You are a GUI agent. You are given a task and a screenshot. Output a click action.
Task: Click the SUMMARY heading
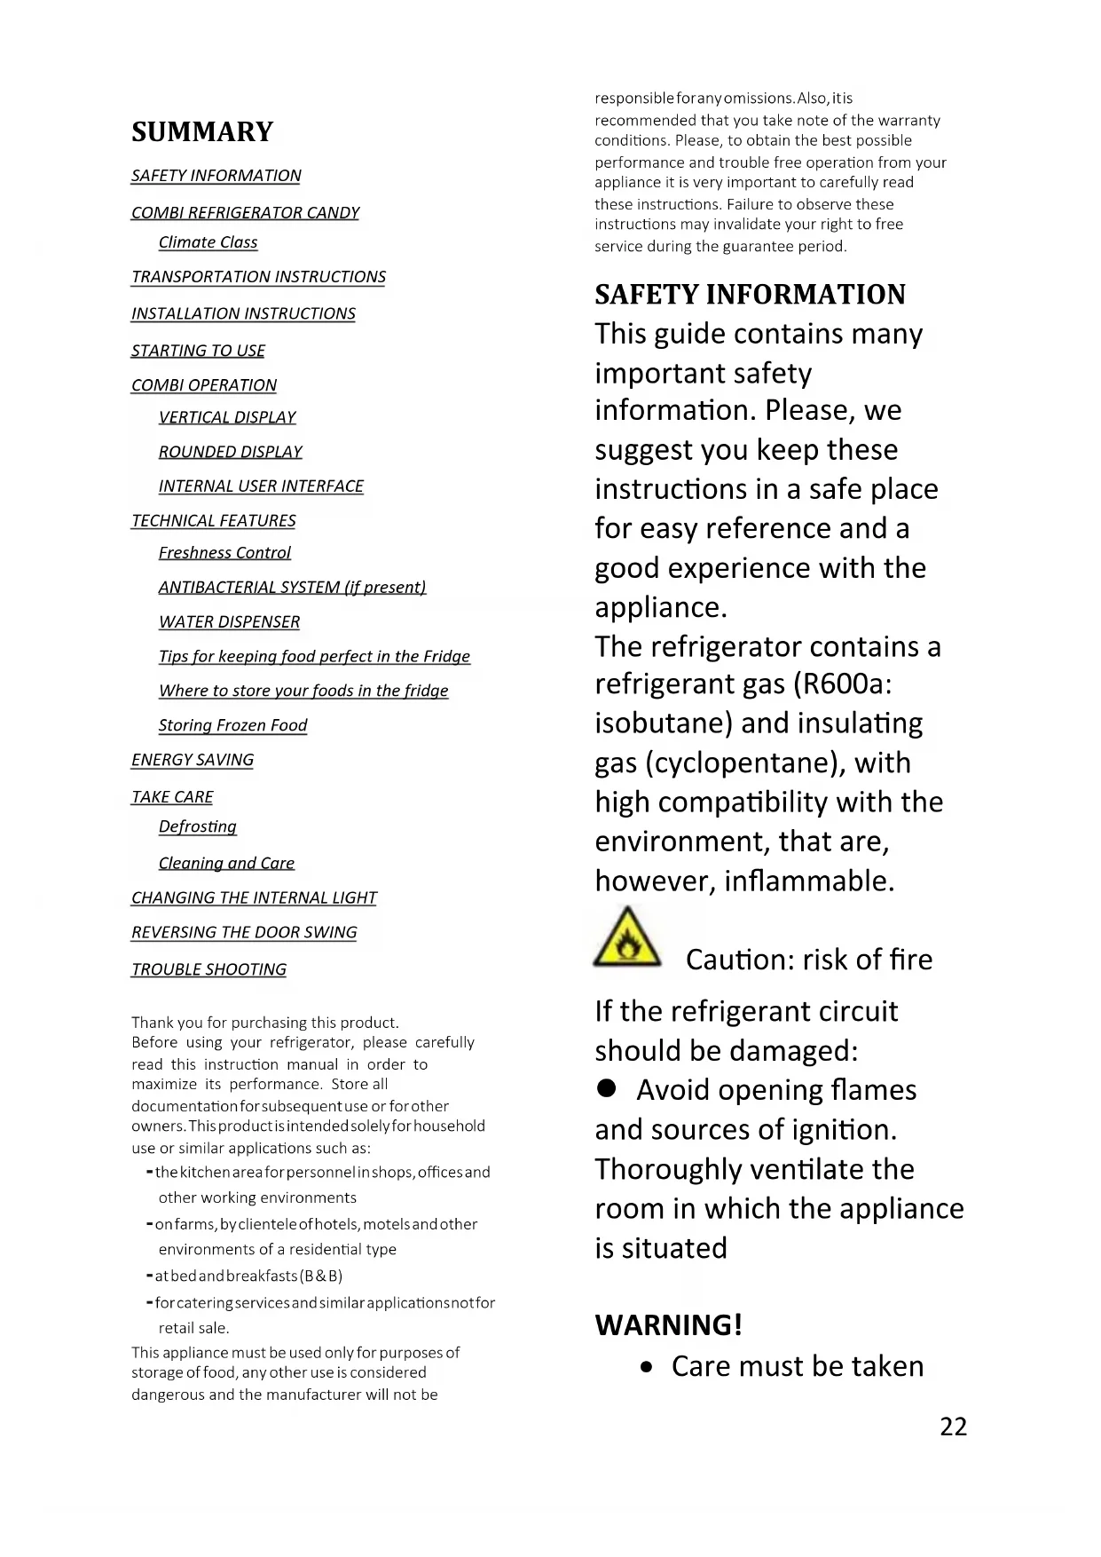(x=202, y=131)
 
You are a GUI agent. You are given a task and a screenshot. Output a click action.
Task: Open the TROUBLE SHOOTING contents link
(x=208, y=969)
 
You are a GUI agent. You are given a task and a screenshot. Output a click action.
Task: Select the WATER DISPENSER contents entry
(x=229, y=622)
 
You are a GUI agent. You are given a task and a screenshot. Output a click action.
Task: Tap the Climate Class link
(x=208, y=242)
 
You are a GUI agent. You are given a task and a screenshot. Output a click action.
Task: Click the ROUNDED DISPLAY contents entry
(x=230, y=452)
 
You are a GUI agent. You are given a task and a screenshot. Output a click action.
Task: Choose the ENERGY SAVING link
(x=193, y=760)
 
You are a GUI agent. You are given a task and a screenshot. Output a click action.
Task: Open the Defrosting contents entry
(x=197, y=826)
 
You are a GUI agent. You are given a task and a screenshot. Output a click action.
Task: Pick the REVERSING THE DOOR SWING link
(x=244, y=932)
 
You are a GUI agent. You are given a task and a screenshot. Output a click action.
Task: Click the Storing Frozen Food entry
(x=232, y=725)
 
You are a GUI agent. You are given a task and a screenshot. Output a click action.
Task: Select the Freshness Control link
(x=224, y=553)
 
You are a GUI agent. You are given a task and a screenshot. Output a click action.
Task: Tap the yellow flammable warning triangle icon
(x=627, y=937)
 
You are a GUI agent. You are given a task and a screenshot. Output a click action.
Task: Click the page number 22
(x=953, y=1427)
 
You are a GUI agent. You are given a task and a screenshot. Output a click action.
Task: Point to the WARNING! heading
(x=668, y=1324)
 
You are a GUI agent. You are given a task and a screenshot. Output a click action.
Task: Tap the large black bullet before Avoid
(x=607, y=1088)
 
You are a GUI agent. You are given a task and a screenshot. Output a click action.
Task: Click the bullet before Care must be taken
(x=649, y=1368)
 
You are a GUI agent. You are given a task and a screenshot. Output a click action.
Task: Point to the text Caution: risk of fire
(x=808, y=960)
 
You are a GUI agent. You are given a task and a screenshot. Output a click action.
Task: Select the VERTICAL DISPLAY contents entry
(x=227, y=417)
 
